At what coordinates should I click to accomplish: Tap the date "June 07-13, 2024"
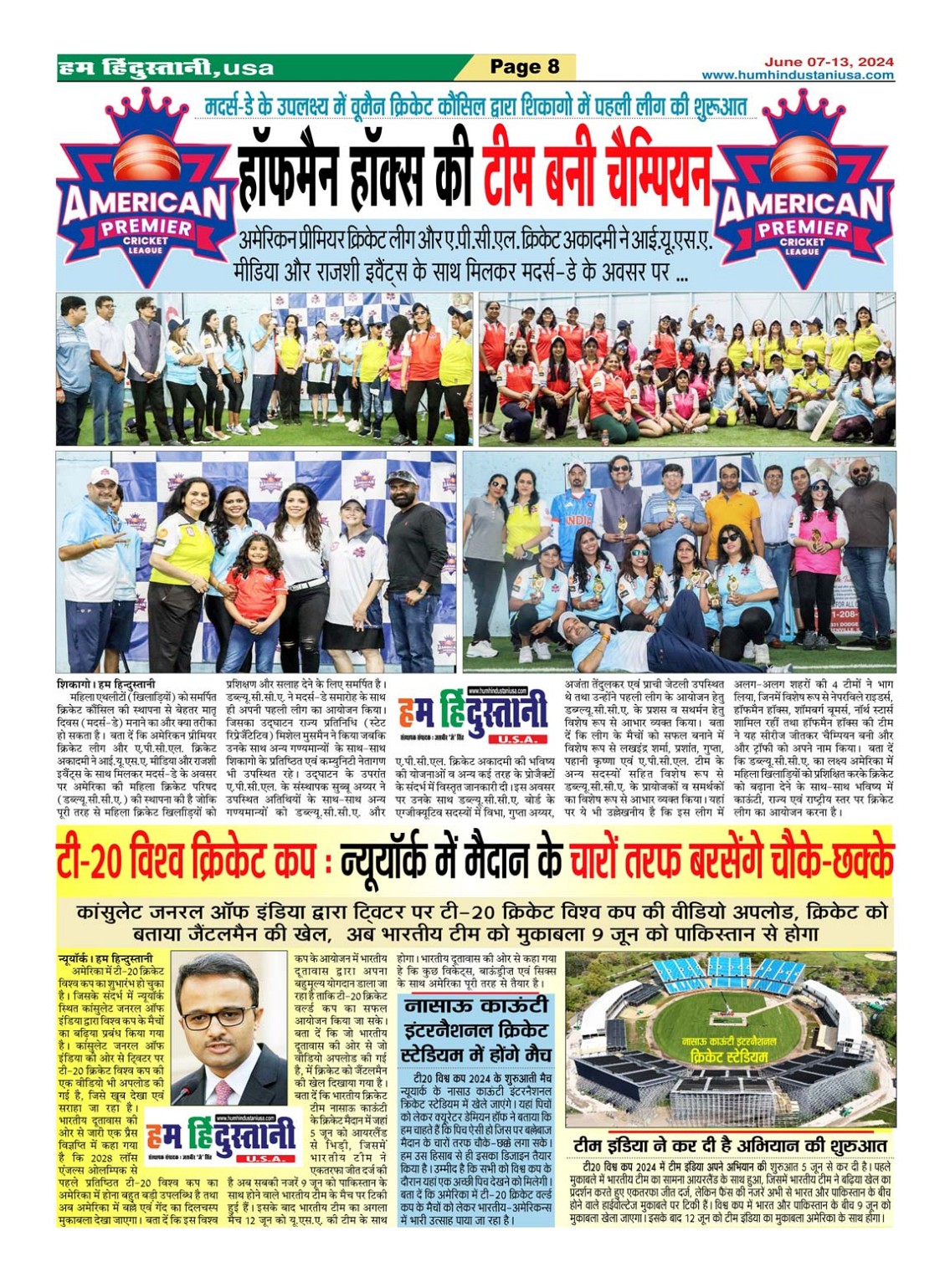[x=828, y=62]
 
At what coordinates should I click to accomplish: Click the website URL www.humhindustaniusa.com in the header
[x=797, y=75]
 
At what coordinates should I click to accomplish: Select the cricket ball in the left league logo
[x=146, y=156]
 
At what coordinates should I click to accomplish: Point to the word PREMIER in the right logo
[x=803, y=227]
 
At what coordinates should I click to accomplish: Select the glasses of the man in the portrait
[x=218, y=1018]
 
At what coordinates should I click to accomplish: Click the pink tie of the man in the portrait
[x=223, y=1092]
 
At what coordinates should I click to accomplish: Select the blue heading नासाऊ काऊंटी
[x=475, y=1004]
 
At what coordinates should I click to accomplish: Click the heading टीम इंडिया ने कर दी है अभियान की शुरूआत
[x=730, y=1146]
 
